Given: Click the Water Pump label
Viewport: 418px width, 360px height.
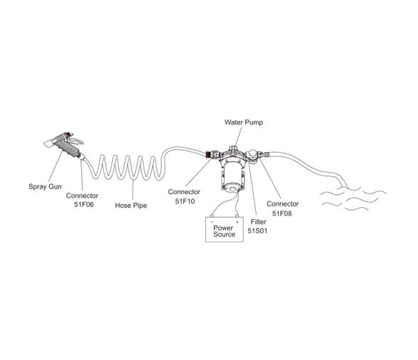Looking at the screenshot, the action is tap(243, 122).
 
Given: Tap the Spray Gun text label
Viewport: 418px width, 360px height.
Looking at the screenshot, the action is tap(45, 186).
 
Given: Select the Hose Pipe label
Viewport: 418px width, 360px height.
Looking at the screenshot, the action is tap(131, 206).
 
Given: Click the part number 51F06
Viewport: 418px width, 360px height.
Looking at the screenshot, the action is tap(84, 205).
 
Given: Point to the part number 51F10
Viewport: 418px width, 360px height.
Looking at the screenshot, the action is tap(185, 201).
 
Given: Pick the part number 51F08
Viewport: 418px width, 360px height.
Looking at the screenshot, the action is tap(282, 213).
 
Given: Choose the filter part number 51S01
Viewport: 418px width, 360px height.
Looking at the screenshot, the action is tap(257, 231).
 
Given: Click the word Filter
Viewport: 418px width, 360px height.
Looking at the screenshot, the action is tap(258, 222).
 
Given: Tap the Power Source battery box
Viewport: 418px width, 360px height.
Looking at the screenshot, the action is tap(224, 229).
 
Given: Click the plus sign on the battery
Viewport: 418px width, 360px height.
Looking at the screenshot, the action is tap(237, 222).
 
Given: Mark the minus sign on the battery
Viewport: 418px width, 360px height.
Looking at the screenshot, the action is tap(212, 222).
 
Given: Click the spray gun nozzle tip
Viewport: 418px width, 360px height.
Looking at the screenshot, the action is tap(48, 144).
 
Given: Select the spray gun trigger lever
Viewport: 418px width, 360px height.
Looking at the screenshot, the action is tap(77, 140).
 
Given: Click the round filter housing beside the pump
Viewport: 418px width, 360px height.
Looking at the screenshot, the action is tap(252, 154).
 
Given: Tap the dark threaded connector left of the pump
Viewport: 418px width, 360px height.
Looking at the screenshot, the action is tap(209, 154).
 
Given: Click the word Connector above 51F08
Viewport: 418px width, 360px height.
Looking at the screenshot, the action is tap(283, 204).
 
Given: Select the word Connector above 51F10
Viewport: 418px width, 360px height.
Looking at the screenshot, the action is tap(184, 192).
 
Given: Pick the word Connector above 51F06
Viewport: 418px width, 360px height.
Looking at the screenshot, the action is tap(82, 196).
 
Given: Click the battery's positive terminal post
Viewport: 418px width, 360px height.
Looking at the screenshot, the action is tap(237, 216).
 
